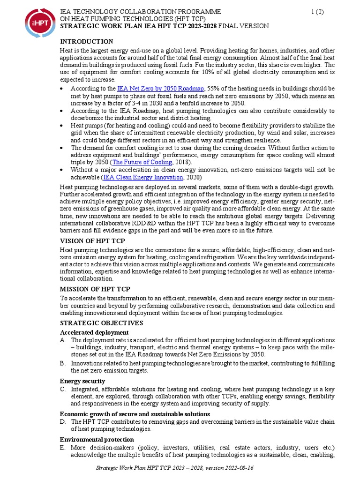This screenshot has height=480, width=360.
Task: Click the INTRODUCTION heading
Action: click(x=87, y=42)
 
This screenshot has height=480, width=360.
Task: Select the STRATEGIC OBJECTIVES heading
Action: click(x=102, y=323)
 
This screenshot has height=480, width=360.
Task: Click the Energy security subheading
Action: click(x=82, y=381)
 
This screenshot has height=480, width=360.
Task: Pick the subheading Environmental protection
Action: click(x=97, y=439)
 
